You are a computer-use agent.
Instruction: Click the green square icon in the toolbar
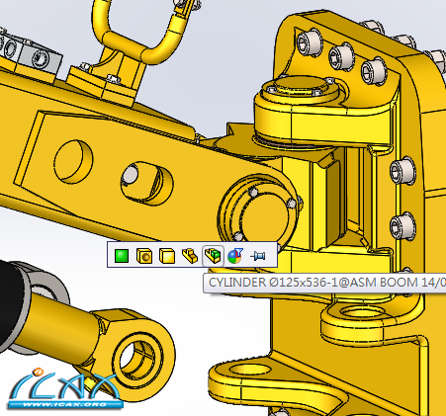coord(122,256)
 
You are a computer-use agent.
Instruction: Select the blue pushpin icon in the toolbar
coord(258,256)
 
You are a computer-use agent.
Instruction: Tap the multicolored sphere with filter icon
coord(235,256)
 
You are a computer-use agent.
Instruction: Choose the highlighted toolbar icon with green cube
coord(213,256)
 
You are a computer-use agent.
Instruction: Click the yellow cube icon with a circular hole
coord(144,256)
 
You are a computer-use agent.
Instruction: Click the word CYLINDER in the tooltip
coord(236,283)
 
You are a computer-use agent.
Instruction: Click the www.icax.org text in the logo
coord(65,404)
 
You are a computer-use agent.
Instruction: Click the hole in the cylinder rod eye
coord(135,360)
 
